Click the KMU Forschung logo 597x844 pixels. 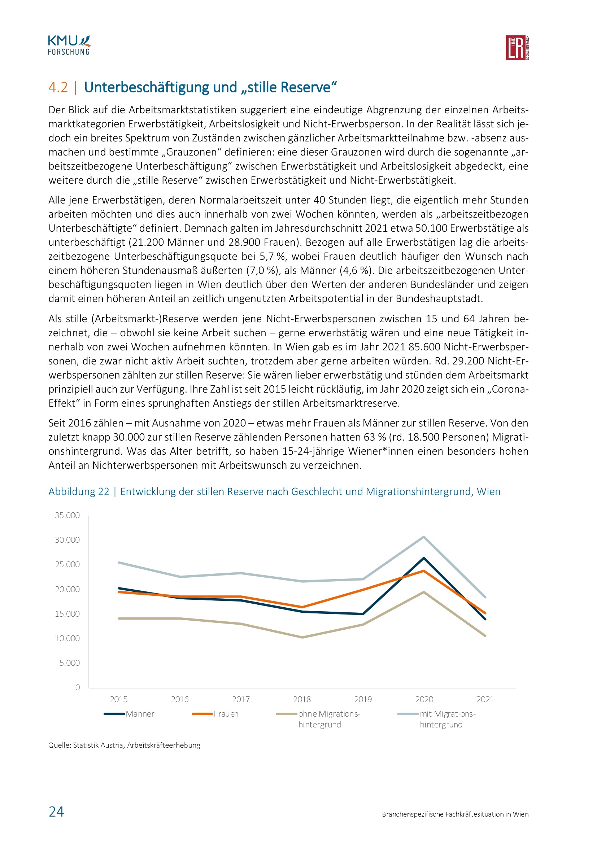click(69, 45)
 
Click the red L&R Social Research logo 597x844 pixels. click(517, 48)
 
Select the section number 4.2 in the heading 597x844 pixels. click(58, 87)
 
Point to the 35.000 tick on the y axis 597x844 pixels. click(67, 515)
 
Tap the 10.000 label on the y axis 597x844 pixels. click(67, 638)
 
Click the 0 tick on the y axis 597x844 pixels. click(78, 687)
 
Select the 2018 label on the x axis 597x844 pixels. click(302, 699)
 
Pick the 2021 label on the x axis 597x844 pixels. click(485, 699)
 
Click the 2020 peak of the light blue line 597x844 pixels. click(424, 537)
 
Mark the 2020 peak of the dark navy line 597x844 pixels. click(424, 558)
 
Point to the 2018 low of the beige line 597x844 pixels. click(302, 637)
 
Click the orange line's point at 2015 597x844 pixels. click(119, 592)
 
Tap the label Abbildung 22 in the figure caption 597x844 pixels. click(79, 491)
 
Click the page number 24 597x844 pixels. click(56, 812)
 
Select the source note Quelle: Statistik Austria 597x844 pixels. click(124, 745)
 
